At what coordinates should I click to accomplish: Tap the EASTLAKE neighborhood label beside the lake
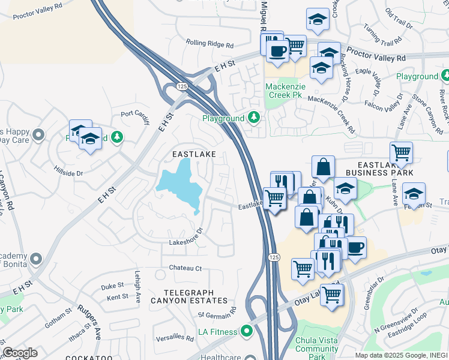coord(193,154)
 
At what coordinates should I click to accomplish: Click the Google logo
coord(20,352)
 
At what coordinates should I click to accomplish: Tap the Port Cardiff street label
coord(134,113)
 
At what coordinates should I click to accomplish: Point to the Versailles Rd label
coord(173,338)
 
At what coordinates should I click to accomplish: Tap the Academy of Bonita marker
coord(36,259)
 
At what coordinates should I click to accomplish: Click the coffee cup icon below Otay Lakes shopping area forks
coord(355,246)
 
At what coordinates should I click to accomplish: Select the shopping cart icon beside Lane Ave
coord(400,152)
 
